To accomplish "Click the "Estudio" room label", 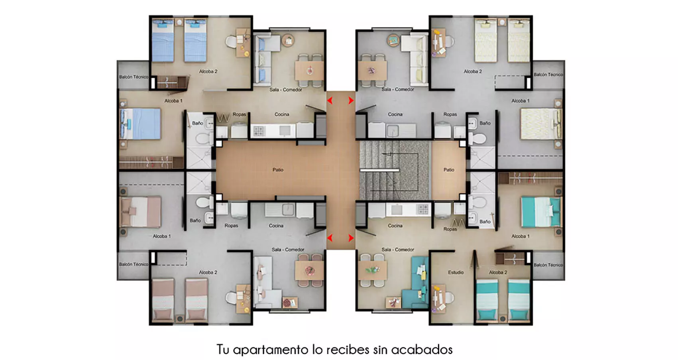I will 455,272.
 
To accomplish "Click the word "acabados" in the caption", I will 422,350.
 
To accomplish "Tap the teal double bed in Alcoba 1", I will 540,212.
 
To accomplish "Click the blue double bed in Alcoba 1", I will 140,124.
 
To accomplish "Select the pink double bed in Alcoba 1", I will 140,212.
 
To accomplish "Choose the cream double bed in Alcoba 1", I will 540,124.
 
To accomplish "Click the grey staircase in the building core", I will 393,170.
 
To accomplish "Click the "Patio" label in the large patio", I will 278,170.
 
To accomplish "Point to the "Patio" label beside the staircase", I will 448,170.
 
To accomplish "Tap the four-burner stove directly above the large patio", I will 259,131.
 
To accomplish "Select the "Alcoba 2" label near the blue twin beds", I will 208,71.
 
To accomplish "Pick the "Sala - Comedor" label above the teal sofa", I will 397,250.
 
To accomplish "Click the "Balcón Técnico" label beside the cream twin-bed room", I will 548,75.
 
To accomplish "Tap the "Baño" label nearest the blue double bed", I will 197,123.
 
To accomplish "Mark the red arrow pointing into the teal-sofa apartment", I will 351,238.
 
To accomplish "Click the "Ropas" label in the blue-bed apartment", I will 239,114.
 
